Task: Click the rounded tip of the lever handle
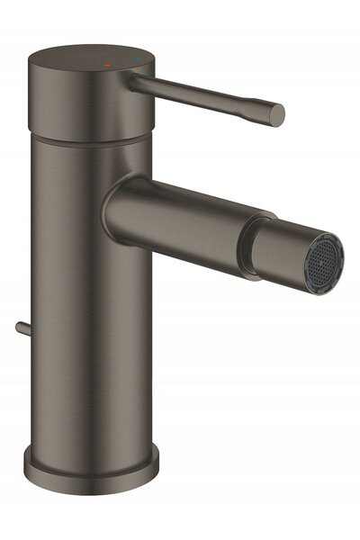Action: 276,114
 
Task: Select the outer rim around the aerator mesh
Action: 333,243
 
